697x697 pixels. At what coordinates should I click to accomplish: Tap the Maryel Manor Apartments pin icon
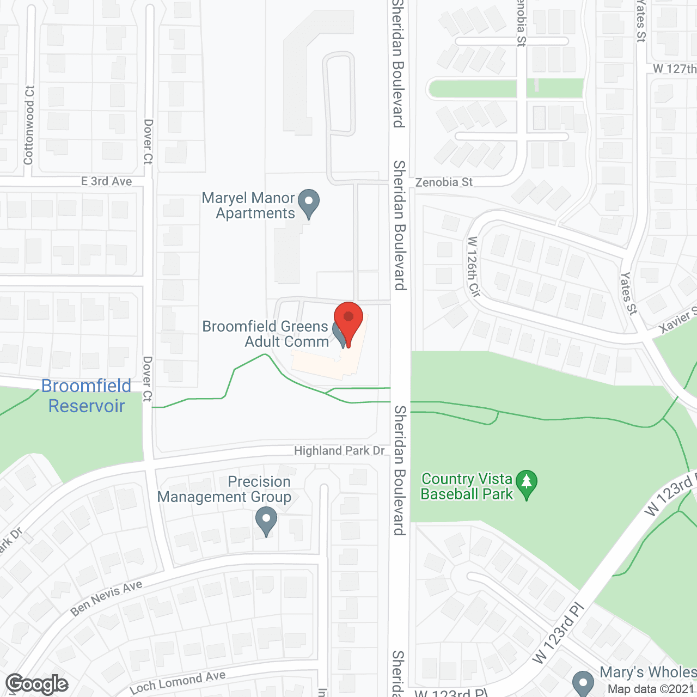tap(309, 203)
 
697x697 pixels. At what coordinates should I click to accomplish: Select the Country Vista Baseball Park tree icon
tap(526, 484)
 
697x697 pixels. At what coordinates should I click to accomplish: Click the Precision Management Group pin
tap(266, 520)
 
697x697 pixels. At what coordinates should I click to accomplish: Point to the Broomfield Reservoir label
tap(86, 396)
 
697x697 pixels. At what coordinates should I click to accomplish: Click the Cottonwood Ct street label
tap(29, 125)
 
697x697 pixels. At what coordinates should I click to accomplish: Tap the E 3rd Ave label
tap(106, 181)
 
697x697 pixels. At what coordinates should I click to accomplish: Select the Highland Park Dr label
tap(339, 451)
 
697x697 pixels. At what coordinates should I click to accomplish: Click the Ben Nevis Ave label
tap(106, 598)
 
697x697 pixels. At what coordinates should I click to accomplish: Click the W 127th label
tap(674, 69)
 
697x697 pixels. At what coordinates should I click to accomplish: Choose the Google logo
tap(36, 684)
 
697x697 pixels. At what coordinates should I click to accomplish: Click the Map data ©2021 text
tap(651, 689)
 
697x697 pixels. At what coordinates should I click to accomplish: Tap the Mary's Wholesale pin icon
tap(583, 683)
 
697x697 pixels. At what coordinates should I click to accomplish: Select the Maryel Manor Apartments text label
tap(248, 206)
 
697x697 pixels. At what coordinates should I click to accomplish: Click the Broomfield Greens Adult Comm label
tap(266, 334)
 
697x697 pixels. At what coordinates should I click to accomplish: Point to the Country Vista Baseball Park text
tap(467, 486)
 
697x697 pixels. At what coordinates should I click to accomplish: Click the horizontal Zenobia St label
tap(444, 182)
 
